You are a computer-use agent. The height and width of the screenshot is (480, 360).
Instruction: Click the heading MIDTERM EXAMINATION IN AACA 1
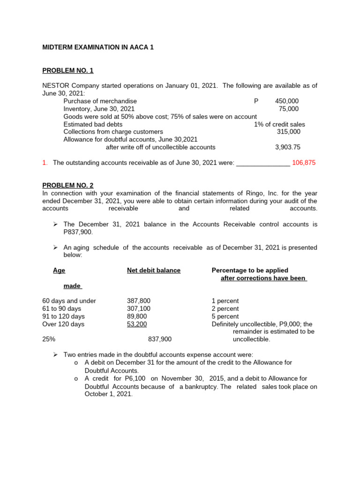click(98, 47)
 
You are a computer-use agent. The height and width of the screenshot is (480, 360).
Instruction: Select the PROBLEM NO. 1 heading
click(68, 70)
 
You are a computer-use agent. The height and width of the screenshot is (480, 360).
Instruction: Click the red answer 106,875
click(304, 163)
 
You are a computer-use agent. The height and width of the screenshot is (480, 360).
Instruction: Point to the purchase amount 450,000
click(287, 101)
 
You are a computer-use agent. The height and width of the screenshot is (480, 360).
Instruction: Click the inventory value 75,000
click(289, 109)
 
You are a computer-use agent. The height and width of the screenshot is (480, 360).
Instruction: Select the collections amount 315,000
click(289, 132)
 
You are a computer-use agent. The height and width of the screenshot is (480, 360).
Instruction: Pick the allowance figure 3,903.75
click(288, 147)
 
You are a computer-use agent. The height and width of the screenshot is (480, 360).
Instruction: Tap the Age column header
click(59, 270)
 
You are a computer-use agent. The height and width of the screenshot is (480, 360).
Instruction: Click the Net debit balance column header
click(154, 270)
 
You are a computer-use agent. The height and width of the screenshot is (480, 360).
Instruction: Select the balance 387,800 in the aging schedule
click(139, 301)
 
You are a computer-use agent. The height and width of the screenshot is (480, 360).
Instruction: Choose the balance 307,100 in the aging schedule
click(139, 308)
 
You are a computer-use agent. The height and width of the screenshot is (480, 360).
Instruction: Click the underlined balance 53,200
click(137, 324)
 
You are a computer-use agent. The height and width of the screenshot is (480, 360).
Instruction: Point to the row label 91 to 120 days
click(61, 316)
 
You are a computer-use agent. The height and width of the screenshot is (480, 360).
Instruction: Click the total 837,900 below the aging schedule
click(160, 339)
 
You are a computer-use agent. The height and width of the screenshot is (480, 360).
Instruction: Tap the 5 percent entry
click(225, 316)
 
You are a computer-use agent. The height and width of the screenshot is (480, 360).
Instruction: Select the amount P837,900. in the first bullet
click(78, 232)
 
